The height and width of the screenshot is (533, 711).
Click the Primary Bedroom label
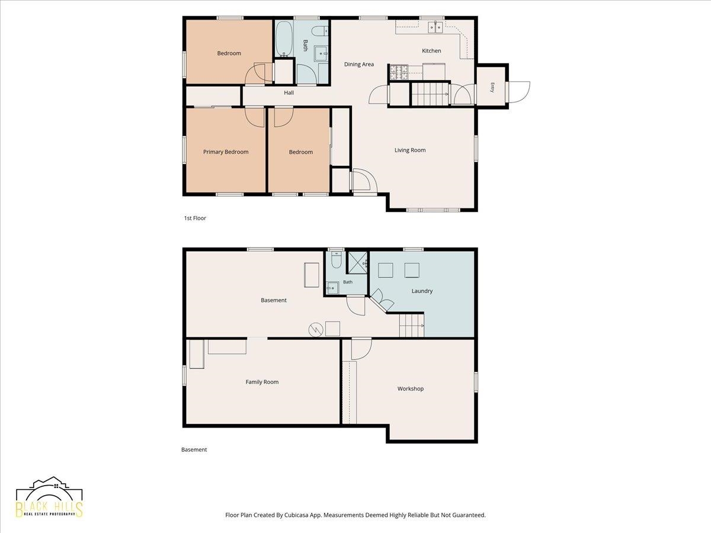(x=226, y=152)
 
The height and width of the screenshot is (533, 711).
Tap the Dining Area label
(x=359, y=64)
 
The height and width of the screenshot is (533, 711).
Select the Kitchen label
(x=431, y=50)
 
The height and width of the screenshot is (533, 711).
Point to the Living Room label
(x=410, y=150)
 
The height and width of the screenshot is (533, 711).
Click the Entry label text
(x=492, y=88)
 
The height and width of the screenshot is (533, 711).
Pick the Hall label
(x=289, y=92)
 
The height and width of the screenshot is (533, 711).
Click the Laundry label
(x=422, y=291)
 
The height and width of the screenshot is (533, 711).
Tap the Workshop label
(x=411, y=388)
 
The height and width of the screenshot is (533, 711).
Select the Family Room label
(x=262, y=381)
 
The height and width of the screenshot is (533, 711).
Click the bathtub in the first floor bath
(x=284, y=39)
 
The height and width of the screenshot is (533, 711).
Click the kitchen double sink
(x=435, y=27)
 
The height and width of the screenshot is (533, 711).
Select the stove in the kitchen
(x=399, y=72)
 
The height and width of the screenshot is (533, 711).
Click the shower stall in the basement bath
(x=357, y=262)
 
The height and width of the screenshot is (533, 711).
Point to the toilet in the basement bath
(x=336, y=260)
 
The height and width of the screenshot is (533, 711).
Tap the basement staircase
(x=411, y=325)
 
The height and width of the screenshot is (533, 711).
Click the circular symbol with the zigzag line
(x=315, y=330)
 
